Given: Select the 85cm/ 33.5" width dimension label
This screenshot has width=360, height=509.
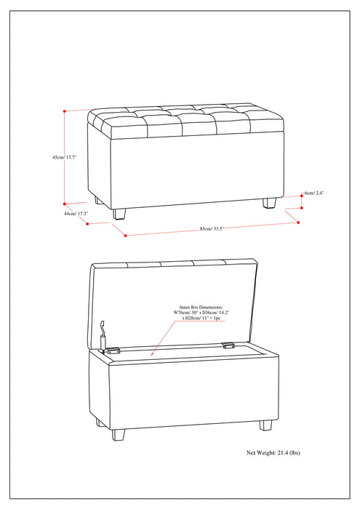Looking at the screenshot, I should click(212, 229).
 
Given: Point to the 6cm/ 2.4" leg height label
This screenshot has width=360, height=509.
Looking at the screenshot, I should click(314, 193).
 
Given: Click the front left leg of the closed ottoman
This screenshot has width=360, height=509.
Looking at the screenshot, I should click(119, 212).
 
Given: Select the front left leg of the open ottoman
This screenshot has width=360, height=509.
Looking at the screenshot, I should click(119, 434).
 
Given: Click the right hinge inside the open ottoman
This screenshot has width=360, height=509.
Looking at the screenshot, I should click(228, 346).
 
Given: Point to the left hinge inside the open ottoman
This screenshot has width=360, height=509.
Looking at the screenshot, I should click(113, 350).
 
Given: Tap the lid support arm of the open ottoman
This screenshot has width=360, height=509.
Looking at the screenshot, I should click(103, 334).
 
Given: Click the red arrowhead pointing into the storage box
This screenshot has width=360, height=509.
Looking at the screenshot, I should click(150, 353).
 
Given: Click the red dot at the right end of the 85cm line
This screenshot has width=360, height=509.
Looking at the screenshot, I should click(297, 223).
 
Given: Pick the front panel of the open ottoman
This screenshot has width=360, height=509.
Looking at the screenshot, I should click(193, 393).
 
